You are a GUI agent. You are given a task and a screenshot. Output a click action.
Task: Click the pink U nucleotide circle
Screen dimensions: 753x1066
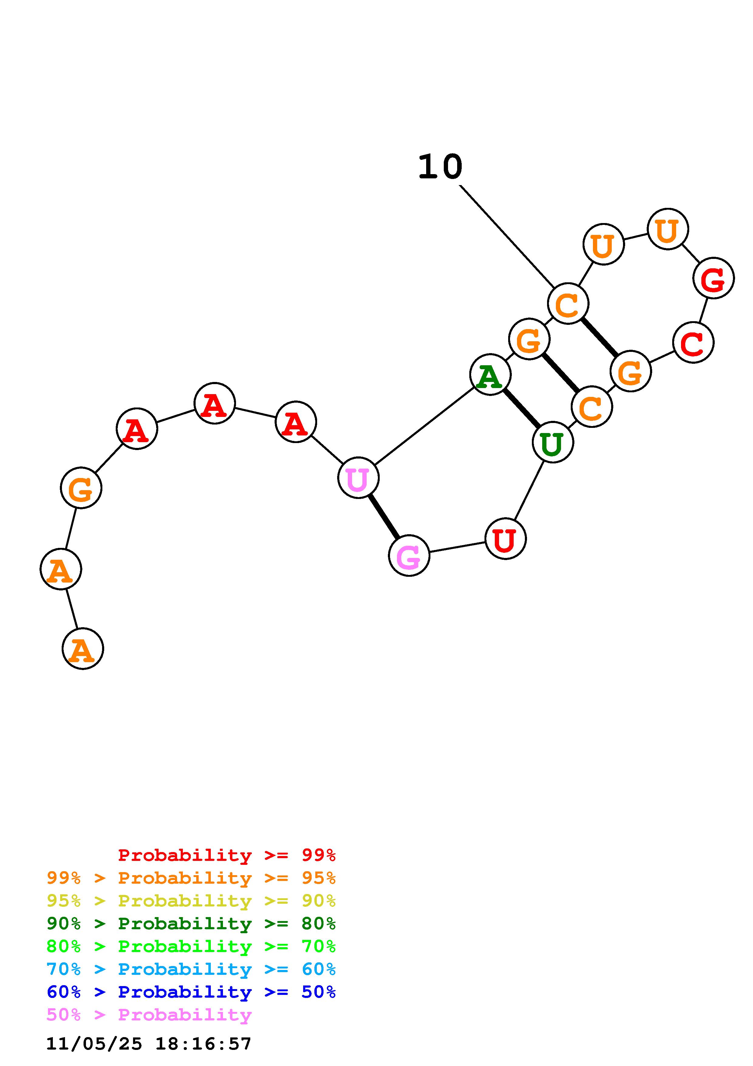(x=358, y=477)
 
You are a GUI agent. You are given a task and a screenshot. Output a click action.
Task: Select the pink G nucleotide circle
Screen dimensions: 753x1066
(x=409, y=555)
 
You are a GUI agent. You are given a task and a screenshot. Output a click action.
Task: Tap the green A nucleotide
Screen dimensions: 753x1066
(x=490, y=374)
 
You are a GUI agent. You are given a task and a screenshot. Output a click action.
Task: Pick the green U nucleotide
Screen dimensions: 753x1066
(x=553, y=442)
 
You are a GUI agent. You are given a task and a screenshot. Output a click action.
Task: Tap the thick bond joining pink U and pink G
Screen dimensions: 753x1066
(x=384, y=516)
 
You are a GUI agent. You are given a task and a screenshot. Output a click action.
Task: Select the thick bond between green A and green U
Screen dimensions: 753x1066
(x=522, y=409)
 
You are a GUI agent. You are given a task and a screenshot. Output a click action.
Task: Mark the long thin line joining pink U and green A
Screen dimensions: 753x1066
(x=424, y=426)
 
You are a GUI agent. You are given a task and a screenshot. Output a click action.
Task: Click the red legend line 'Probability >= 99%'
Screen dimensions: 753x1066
(x=226, y=855)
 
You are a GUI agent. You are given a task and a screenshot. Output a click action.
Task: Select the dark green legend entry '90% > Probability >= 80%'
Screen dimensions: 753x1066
(x=191, y=923)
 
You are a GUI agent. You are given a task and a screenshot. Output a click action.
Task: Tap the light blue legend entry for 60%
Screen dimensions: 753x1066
(x=191, y=969)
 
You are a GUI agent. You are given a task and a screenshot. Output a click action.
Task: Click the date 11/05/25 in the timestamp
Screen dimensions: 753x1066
(x=94, y=1044)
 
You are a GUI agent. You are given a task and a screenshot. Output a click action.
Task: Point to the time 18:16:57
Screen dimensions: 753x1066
(x=203, y=1044)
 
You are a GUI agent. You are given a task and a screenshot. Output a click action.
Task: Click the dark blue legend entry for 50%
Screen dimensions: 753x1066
(x=191, y=992)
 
